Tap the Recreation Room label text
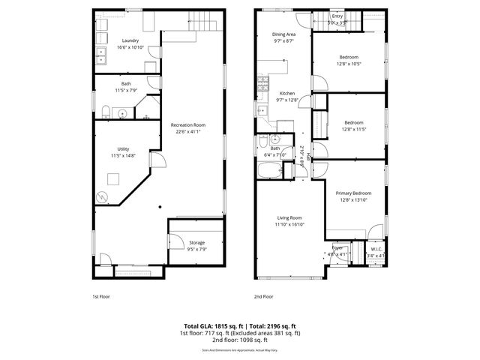point(187,125)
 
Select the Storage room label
point(196,242)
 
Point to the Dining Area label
point(283,34)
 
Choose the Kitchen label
point(287,93)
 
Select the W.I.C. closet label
point(375,249)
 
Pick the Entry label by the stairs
point(337,16)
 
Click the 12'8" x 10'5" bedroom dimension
point(349,64)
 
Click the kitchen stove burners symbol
point(262,83)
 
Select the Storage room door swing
point(174,240)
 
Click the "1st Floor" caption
point(101,297)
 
